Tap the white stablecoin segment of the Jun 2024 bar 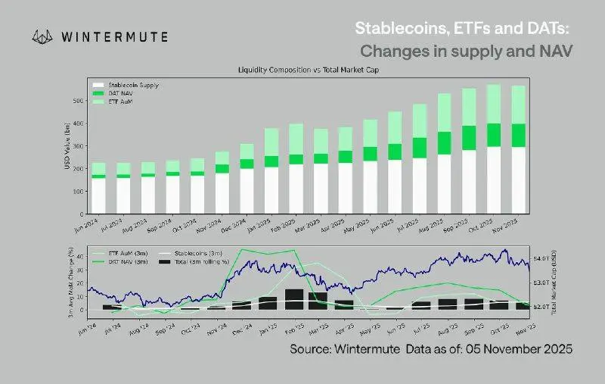98,195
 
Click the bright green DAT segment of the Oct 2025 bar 493,135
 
